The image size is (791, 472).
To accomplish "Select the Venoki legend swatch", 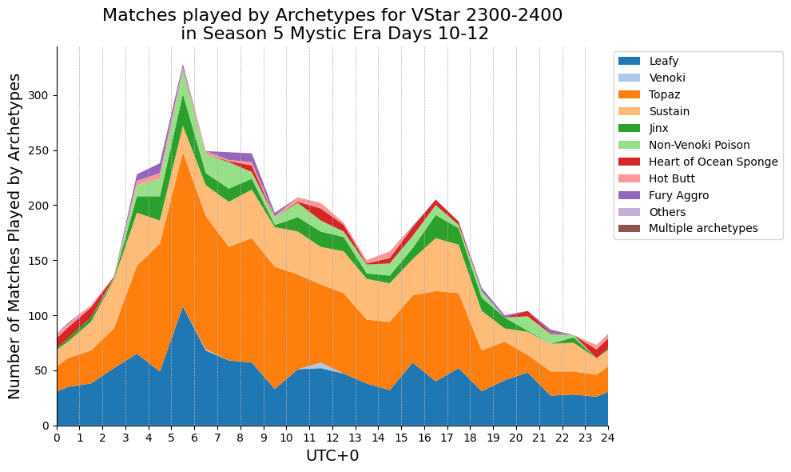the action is tap(629, 78).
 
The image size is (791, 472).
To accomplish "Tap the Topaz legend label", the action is tap(665, 94).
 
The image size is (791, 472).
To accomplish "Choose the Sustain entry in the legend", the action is tap(654, 111).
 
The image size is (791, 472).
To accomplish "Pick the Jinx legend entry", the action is tap(644, 128).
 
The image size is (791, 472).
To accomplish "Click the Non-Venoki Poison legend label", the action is tap(699, 145).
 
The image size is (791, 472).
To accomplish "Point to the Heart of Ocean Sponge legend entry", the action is tap(698, 162).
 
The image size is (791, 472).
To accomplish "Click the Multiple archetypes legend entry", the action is tap(688, 229).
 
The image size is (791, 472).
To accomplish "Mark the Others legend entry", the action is tap(652, 212).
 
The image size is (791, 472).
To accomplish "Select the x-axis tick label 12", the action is tap(333, 438).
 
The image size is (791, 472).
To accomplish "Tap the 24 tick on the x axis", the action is tap(608, 438).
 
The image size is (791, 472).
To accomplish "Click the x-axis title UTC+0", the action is tap(332, 456).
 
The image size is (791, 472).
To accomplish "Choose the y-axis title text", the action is tap(14, 236).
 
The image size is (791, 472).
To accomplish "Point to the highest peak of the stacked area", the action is tap(183, 65).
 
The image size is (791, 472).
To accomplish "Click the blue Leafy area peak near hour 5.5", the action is tap(183, 307).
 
